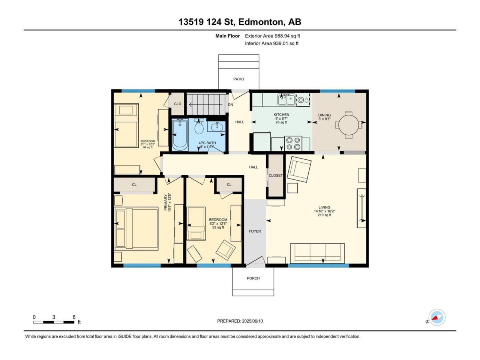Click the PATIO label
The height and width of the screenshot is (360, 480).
pyautogui.click(x=238, y=79)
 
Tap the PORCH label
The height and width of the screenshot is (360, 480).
pyautogui.click(x=253, y=278)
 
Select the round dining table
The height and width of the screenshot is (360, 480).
pyautogui.click(x=349, y=125)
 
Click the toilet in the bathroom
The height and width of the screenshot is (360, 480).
pyautogui.click(x=199, y=126)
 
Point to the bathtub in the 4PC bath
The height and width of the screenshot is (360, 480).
pyautogui.click(x=180, y=135)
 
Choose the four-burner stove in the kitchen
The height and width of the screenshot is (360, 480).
pyautogui.click(x=293, y=143)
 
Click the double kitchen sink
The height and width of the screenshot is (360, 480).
pyautogui.click(x=286, y=99)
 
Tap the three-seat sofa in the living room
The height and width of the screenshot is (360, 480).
pyautogui.click(x=317, y=253)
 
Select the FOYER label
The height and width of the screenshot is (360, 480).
pyautogui.click(x=255, y=231)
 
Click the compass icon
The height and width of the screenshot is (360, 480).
pyautogui.click(x=437, y=317)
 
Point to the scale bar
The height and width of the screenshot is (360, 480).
pyautogui.click(x=54, y=322)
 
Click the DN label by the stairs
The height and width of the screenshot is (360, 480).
pyautogui.click(x=231, y=105)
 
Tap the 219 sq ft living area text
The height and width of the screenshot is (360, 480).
pyautogui.click(x=324, y=215)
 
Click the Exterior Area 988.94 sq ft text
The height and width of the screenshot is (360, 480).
pyautogui.click(x=273, y=36)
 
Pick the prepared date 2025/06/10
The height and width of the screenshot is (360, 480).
pyautogui.click(x=252, y=321)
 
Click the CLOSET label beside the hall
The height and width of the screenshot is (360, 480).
pyautogui.click(x=276, y=175)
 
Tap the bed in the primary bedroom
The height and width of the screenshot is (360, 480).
pyautogui.click(x=136, y=228)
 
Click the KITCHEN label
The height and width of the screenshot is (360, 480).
pyautogui.click(x=282, y=114)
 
